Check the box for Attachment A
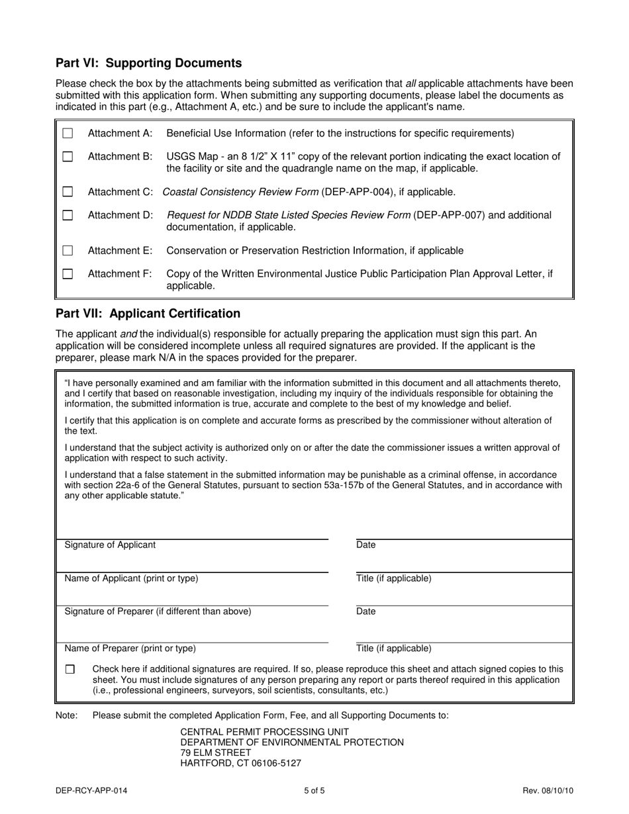point(68,134)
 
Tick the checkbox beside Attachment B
point(68,157)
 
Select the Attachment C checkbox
point(68,192)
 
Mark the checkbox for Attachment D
point(68,215)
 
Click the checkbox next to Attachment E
point(68,251)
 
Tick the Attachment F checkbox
point(68,274)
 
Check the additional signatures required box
point(70,669)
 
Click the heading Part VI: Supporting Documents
point(148,64)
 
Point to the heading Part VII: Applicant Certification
point(148,314)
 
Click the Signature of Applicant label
point(110,545)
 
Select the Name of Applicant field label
point(131,578)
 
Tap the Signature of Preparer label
point(158,611)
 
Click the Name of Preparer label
point(130,649)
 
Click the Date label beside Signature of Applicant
point(365,545)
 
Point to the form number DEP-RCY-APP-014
point(92,790)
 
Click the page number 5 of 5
point(314,790)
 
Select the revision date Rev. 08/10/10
point(548,790)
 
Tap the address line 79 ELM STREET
point(216,752)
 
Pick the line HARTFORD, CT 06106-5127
point(241,763)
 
